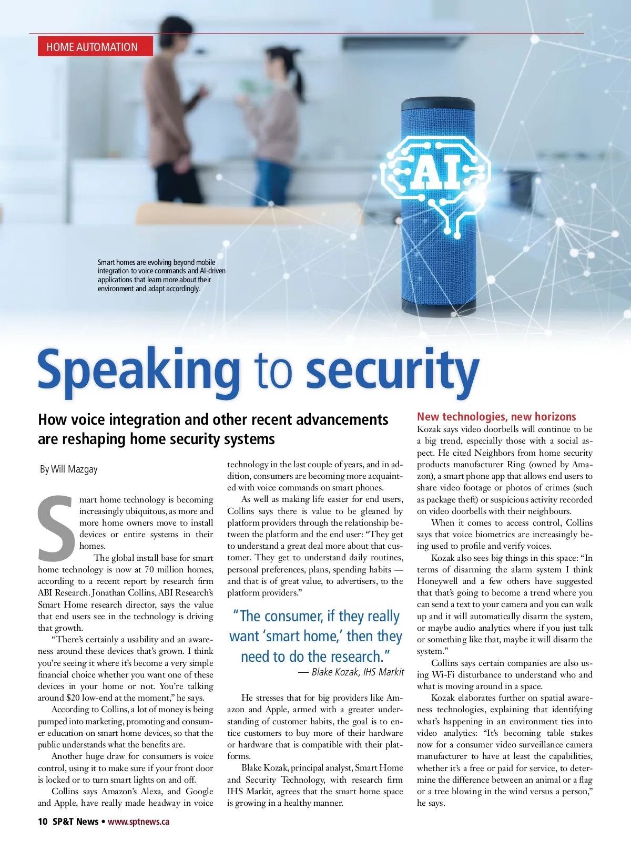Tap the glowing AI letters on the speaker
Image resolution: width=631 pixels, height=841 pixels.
tap(435, 171)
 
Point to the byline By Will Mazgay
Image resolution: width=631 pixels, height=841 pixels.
tap(69, 469)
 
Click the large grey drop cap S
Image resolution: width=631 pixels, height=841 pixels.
tap(56, 528)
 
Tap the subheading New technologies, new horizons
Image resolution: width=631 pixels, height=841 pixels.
tap(496, 417)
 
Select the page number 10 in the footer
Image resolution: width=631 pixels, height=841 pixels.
tap(43, 822)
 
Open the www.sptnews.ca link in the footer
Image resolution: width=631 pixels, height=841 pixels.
tap(139, 822)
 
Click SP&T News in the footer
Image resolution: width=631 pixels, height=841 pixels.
tap(75, 822)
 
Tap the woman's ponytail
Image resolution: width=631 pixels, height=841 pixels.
tap(299, 84)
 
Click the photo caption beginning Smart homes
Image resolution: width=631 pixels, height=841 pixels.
tap(161, 275)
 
